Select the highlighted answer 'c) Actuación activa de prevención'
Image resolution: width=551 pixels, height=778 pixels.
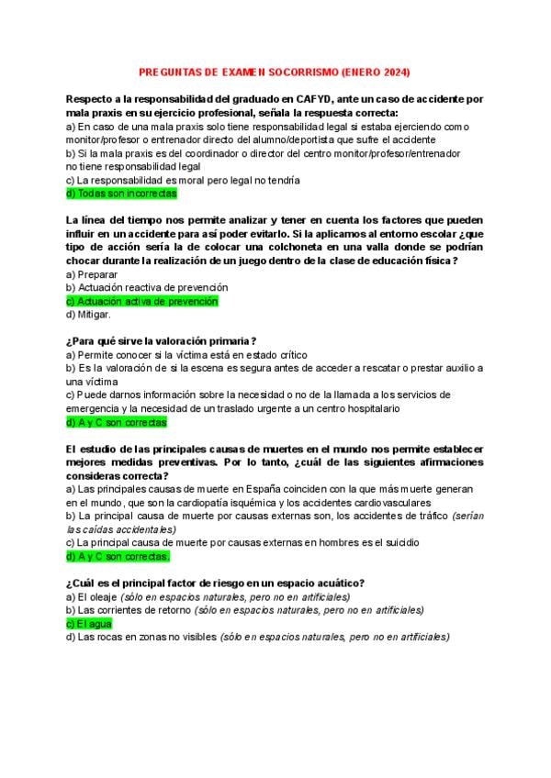pyautogui.click(x=142, y=301)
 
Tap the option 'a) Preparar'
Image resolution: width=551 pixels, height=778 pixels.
pyautogui.click(x=92, y=274)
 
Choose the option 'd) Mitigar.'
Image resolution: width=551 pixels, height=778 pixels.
pyautogui.click(x=89, y=315)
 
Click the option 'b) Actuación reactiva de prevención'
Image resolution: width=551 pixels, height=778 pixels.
pyautogui.click(x=146, y=288)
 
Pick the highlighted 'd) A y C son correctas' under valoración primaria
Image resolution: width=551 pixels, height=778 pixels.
pyautogui.click(x=117, y=423)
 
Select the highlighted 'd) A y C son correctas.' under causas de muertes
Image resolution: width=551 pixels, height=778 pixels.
pyautogui.click(x=118, y=556)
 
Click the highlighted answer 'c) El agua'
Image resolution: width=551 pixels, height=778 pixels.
pyautogui.click(x=89, y=623)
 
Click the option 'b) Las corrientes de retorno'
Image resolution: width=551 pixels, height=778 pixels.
pyautogui.click(x=129, y=610)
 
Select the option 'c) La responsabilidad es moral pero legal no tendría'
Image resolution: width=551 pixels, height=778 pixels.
pyautogui.click(x=183, y=181)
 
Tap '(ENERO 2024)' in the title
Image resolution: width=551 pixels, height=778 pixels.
pyautogui.click(x=375, y=72)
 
